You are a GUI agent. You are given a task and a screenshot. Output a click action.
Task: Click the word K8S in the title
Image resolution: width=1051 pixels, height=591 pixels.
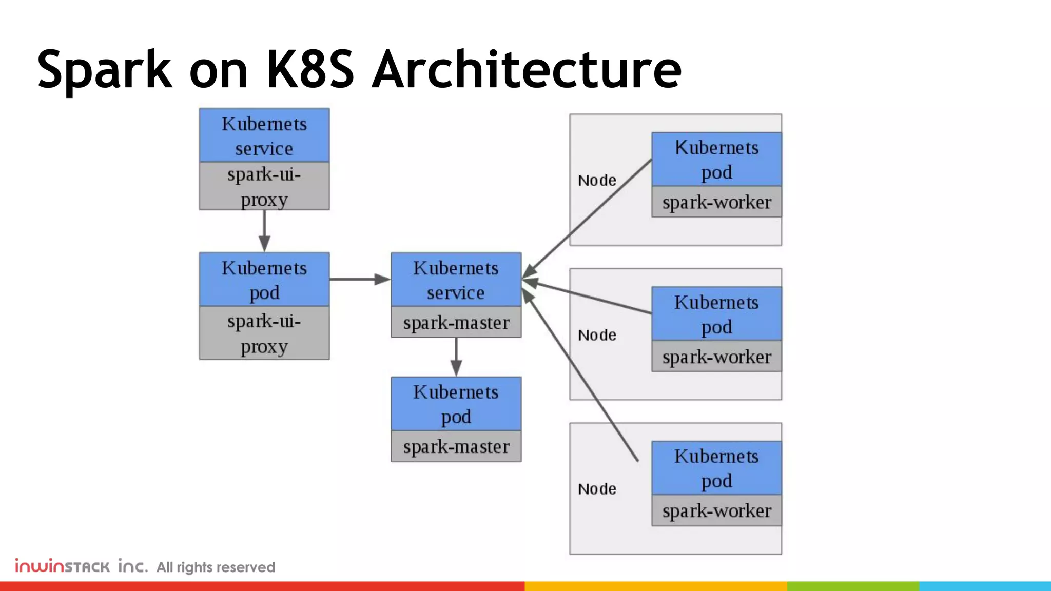tap(310, 69)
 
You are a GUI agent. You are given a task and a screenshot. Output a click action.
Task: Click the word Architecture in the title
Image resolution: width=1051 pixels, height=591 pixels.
tap(527, 69)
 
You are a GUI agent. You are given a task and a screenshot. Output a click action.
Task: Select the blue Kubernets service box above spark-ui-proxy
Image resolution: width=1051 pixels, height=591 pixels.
tap(264, 136)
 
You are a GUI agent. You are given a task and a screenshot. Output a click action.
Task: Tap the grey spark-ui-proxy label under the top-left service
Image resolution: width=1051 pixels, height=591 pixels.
tap(264, 186)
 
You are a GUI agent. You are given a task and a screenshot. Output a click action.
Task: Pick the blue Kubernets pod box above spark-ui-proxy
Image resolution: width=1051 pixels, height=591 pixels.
tap(264, 280)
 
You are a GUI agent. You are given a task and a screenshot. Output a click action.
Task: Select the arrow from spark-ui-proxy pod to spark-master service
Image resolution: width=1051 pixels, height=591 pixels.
tap(359, 279)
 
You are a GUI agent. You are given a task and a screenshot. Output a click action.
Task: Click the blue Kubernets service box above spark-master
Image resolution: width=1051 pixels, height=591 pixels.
tap(456, 280)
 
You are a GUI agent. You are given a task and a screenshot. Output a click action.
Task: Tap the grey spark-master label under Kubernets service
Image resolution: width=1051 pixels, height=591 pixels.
tap(456, 323)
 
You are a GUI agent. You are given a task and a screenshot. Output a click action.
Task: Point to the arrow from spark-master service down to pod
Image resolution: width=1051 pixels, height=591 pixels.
tap(456, 357)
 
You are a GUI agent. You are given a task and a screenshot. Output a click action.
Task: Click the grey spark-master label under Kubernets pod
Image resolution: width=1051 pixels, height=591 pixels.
tap(456, 447)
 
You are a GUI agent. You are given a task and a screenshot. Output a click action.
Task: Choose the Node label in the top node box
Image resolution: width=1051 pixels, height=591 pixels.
tap(597, 181)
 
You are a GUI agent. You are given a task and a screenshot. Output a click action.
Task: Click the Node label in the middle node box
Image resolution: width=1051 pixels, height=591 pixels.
tap(597, 336)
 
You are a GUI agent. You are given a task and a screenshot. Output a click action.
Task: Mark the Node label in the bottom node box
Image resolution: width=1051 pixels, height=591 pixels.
tap(597, 489)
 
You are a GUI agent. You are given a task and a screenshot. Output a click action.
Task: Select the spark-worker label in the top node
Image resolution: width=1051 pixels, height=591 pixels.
tap(716, 202)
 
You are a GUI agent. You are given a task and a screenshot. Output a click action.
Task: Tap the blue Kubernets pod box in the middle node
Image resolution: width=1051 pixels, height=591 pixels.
tap(716, 314)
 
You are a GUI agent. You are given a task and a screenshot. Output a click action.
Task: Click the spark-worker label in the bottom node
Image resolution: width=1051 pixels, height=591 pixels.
tap(716, 511)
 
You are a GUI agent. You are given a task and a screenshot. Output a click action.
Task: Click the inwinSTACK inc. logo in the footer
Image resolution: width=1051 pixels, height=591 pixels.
tap(81, 566)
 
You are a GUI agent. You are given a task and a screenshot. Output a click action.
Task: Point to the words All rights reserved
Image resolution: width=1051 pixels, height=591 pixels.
tap(216, 567)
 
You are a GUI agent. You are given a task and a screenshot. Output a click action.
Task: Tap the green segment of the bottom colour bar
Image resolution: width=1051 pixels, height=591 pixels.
tap(853, 586)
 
